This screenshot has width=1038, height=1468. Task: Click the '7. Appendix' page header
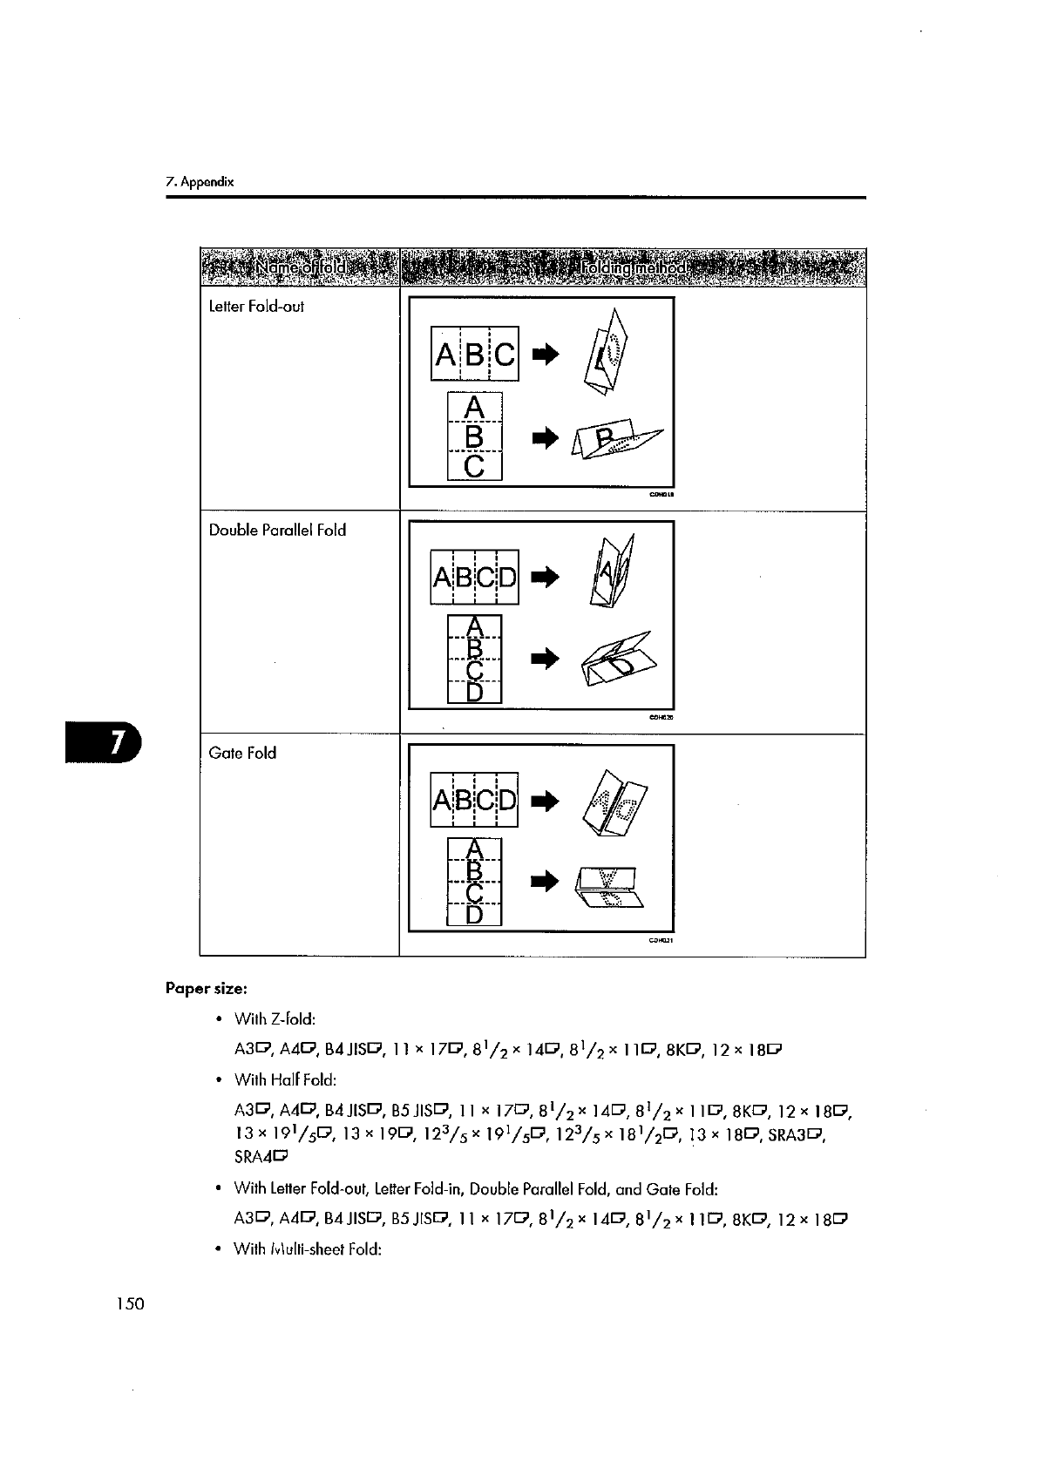click(x=200, y=183)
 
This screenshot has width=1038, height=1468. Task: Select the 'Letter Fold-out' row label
click(x=256, y=307)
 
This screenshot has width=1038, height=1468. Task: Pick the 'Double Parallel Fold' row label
click(x=277, y=530)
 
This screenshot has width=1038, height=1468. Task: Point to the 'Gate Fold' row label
click(x=242, y=753)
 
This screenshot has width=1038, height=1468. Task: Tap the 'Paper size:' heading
click(x=207, y=989)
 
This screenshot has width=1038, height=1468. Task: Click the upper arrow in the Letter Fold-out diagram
click(x=545, y=354)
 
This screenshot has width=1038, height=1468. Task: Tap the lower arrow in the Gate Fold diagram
click(x=545, y=883)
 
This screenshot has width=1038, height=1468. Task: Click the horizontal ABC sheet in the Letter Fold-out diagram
click(x=475, y=354)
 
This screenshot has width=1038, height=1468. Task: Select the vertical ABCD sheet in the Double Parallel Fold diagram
click(x=474, y=659)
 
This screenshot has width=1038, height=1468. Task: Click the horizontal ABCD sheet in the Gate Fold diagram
click(x=475, y=800)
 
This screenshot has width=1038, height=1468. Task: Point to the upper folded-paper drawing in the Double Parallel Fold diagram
click(x=613, y=571)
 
